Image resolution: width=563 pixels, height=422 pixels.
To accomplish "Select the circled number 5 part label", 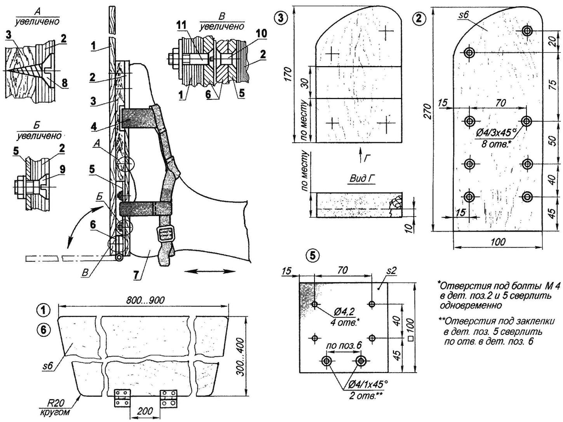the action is pos(315,256).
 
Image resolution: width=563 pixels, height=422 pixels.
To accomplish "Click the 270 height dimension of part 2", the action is pos(427,112).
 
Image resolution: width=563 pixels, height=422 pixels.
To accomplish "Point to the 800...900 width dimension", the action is pos(145,300).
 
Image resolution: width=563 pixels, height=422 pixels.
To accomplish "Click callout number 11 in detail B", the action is pos(181,25).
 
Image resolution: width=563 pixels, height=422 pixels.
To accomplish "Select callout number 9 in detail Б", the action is pos(63,169).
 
